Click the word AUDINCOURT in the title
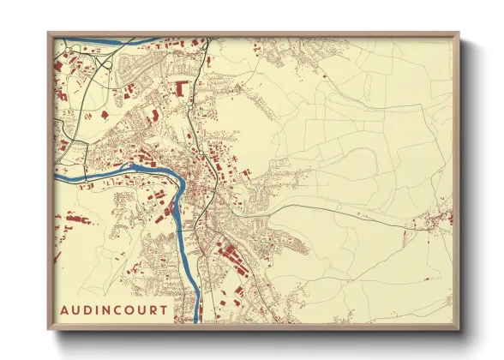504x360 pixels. [114, 309]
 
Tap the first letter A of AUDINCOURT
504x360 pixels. [65, 309]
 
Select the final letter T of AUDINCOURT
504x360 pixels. [164, 309]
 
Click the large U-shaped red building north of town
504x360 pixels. [181, 87]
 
